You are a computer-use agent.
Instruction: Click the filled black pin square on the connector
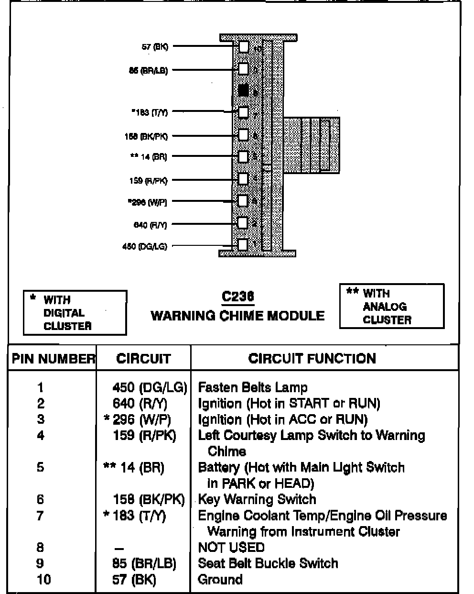point(244,90)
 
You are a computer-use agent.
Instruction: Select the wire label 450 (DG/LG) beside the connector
point(145,247)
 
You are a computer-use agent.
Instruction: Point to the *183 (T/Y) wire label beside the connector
point(150,113)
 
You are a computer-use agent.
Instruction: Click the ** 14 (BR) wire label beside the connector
point(148,157)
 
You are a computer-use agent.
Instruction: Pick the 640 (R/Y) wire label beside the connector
point(150,225)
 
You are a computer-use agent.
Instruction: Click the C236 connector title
point(237,297)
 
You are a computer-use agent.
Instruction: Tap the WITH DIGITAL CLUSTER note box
point(75,313)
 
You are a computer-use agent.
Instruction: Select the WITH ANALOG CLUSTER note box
point(391,307)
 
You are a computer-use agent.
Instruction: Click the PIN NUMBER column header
point(53,359)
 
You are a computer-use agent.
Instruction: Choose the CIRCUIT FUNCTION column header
point(312,359)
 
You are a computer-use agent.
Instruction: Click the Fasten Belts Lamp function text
point(253,387)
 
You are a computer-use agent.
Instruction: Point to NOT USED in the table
point(231,547)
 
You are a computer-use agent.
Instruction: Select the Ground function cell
point(220,580)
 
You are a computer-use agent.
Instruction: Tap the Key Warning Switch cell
point(257,499)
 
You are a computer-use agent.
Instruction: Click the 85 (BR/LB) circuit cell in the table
point(144,563)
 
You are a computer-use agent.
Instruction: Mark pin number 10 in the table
point(43,580)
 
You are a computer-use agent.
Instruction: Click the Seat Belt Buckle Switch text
point(268,563)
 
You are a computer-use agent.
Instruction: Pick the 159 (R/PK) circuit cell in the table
point(144,435)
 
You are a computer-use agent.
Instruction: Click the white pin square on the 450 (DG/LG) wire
point(243,245)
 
